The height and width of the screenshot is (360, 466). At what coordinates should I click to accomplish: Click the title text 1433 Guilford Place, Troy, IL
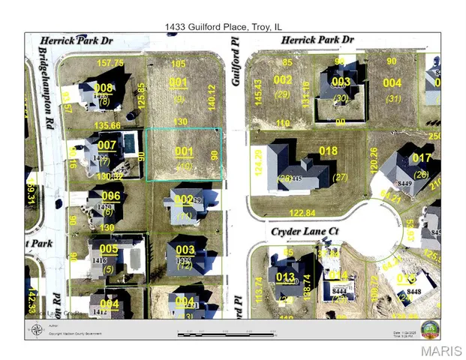coord(232,26)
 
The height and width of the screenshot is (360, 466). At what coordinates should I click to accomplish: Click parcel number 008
coord(105,89)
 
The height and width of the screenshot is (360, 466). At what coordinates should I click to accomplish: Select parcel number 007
coord(107,145)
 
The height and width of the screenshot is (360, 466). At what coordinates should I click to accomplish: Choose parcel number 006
coord(111,196)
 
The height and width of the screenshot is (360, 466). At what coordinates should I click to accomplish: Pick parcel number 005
coord(109,248)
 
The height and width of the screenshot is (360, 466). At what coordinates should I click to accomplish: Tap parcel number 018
coord(329,151)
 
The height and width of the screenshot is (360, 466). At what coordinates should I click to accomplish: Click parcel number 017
coord(422,158)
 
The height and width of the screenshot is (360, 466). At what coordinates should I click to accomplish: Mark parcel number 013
coord(285,276)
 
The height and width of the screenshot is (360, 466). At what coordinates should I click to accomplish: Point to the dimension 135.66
coord(106,125)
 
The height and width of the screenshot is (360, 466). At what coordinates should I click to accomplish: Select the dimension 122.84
coord(302,213)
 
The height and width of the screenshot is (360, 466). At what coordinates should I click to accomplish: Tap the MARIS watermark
coord(440,351)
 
